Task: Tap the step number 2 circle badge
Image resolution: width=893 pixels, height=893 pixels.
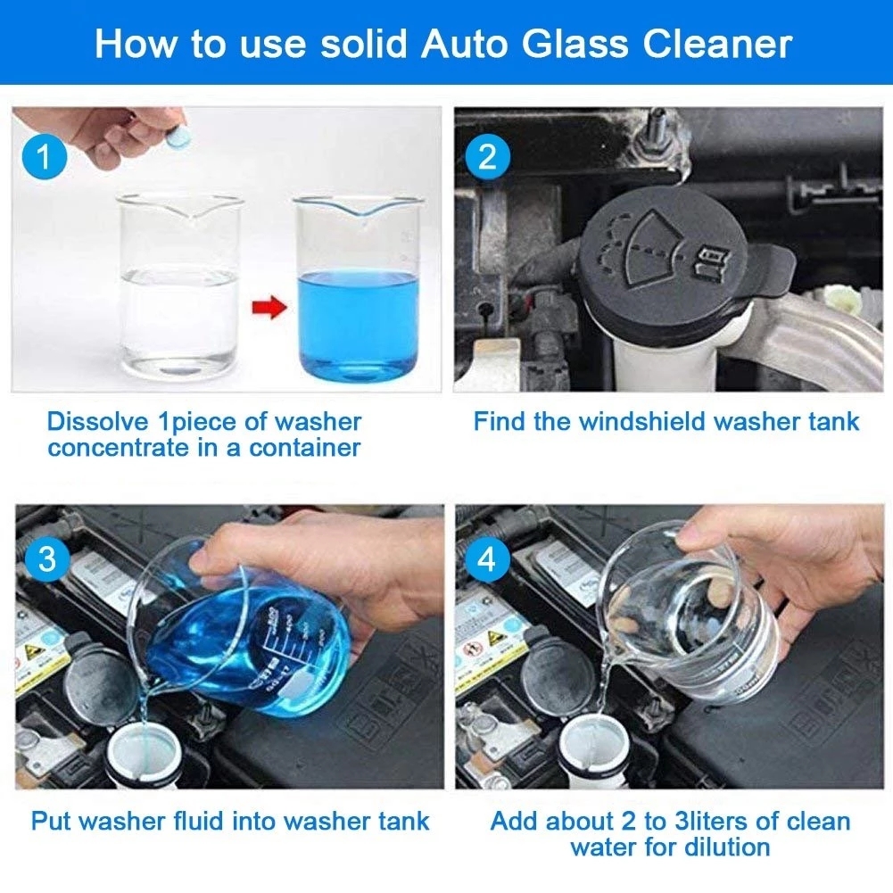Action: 487,158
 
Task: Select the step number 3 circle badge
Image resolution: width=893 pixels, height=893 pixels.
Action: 46,560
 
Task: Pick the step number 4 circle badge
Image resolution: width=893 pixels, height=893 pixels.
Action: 487,560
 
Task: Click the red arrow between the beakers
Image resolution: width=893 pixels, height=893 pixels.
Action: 269,309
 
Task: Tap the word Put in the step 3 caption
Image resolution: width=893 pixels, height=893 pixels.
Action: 53,821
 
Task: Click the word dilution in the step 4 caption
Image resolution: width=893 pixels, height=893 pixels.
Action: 718,848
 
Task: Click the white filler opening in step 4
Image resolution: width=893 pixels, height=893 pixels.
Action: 579,749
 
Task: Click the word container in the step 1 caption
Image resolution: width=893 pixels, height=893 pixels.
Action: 303,448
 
